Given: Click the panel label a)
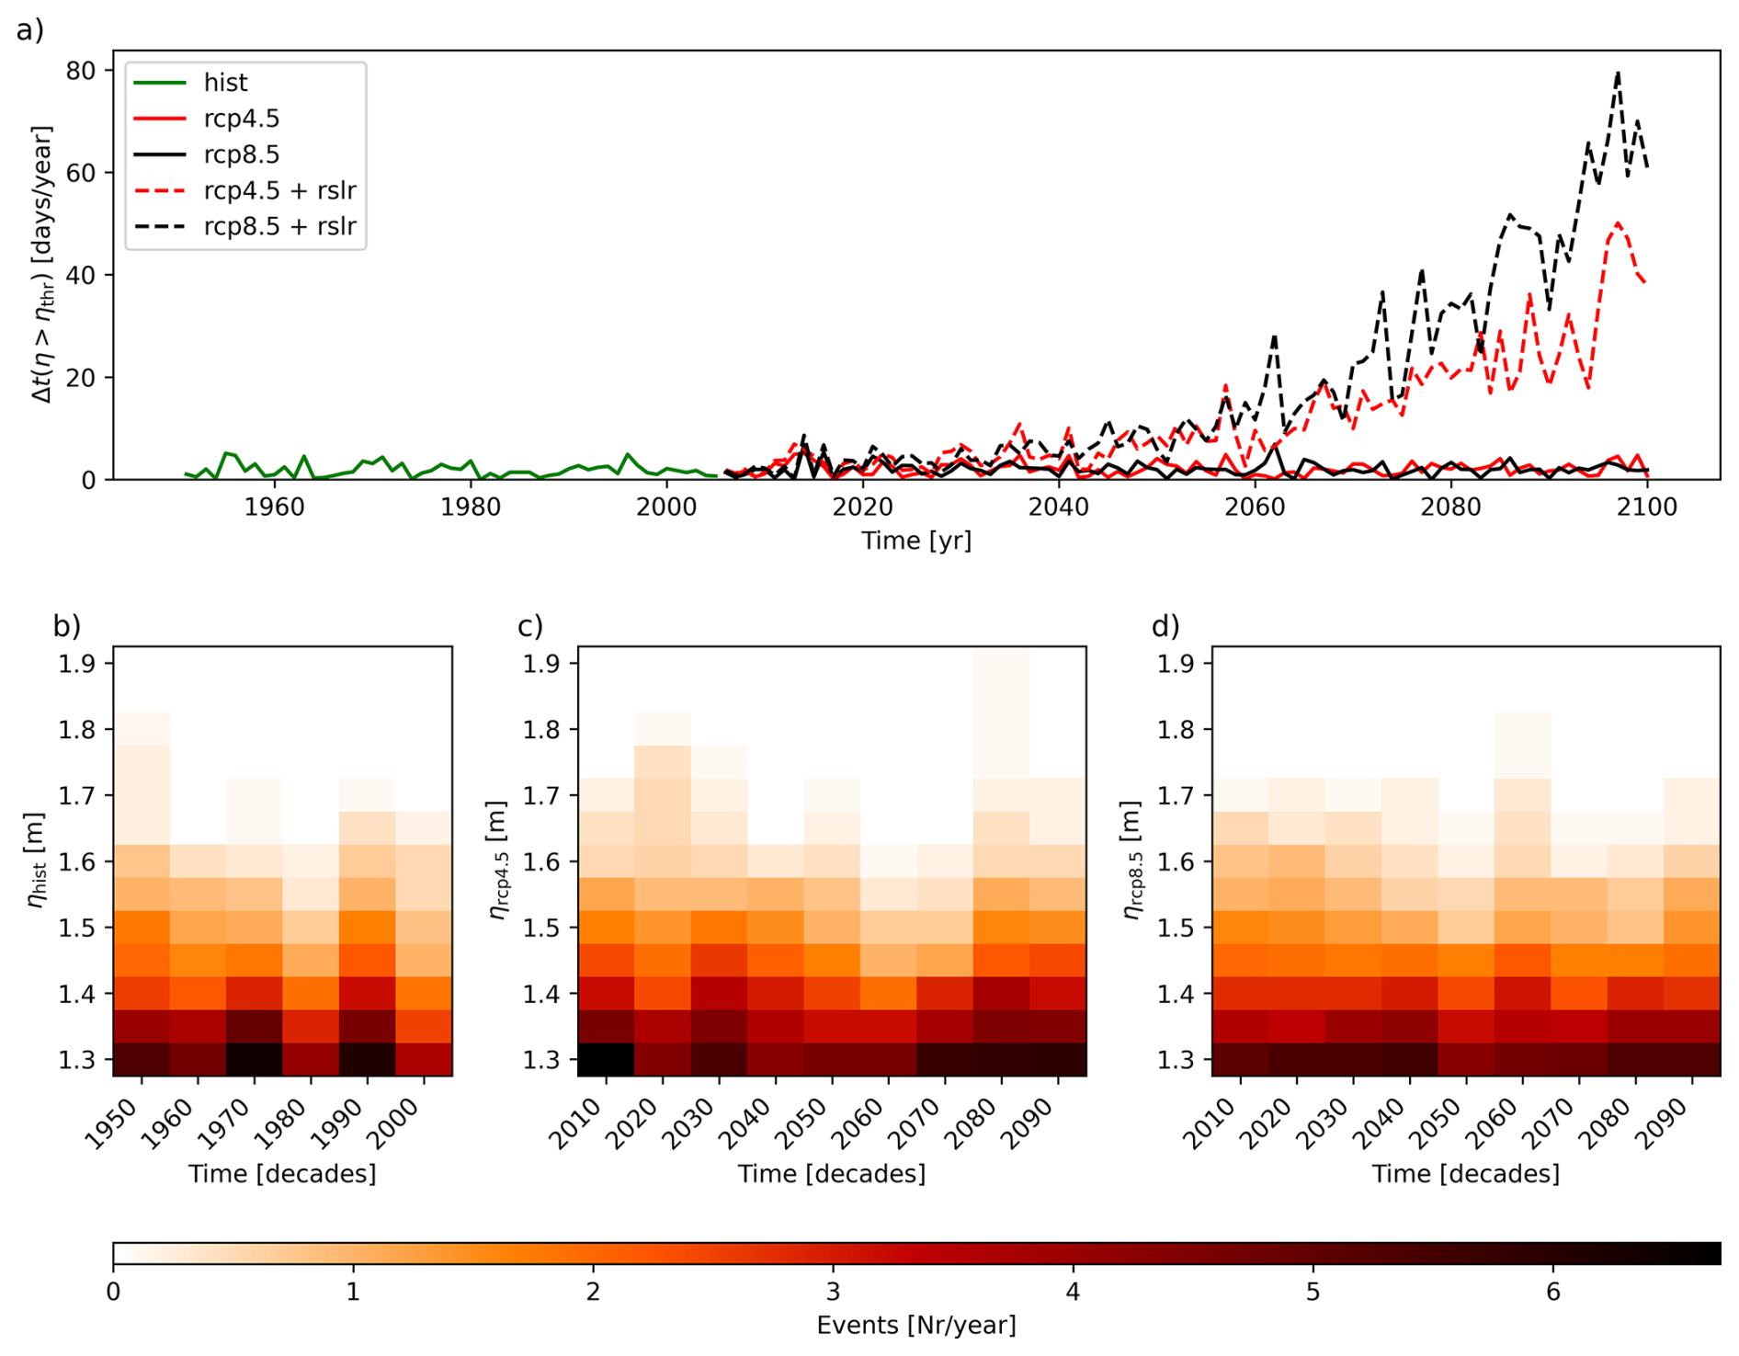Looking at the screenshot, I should (x=30, y=30).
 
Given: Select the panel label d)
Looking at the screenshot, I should (x=1165, y=626).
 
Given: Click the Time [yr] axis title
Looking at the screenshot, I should (x=915, y=541).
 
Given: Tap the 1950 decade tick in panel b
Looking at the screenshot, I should (x=113, y=1123).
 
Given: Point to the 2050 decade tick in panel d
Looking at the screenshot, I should (x=1438, y=1123).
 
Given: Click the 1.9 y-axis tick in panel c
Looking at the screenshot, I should (x=541, y=664).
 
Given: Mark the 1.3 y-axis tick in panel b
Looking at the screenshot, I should (x=77, y=1060).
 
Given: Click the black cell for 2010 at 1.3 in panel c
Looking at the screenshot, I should (x=606, y=1059).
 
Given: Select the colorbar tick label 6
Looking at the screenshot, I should (x=1553, y=1293).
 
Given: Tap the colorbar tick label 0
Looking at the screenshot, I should (x=113, y=1293).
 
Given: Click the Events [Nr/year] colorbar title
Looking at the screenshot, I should (x=915, y=1326).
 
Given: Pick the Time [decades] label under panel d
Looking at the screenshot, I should (x=1465, y=1174).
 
